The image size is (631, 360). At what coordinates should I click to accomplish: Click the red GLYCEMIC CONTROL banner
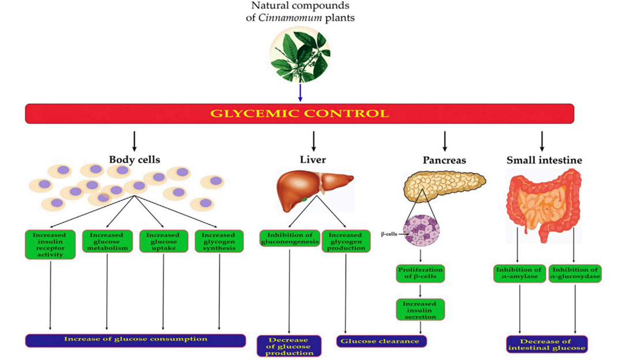[x=299, y=113]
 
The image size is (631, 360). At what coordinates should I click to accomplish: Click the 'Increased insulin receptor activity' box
[x=51, y=244]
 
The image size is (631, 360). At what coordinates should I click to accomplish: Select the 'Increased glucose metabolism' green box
[x=107, y=241]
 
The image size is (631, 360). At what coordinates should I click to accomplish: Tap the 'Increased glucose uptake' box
[x=163, y=241]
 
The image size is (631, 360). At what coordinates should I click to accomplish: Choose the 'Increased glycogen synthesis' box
[x=219, y=241]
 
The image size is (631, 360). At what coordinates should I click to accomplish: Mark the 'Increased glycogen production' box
[x=345, y=241]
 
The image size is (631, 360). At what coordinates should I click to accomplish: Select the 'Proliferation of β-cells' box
[x=420, y=273]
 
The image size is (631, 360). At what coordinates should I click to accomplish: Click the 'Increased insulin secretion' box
[x=420, y=309]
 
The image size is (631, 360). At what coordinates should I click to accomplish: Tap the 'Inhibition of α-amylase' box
[x=519, y=273]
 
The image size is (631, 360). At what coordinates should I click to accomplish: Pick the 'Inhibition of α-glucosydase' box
[x=575, y=273]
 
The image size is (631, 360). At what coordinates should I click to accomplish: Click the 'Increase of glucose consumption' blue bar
[x=136, y=339]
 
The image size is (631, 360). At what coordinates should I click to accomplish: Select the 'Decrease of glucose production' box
[x=290, y=345]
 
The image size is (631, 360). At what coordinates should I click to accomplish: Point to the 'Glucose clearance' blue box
[x=381, y=341]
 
